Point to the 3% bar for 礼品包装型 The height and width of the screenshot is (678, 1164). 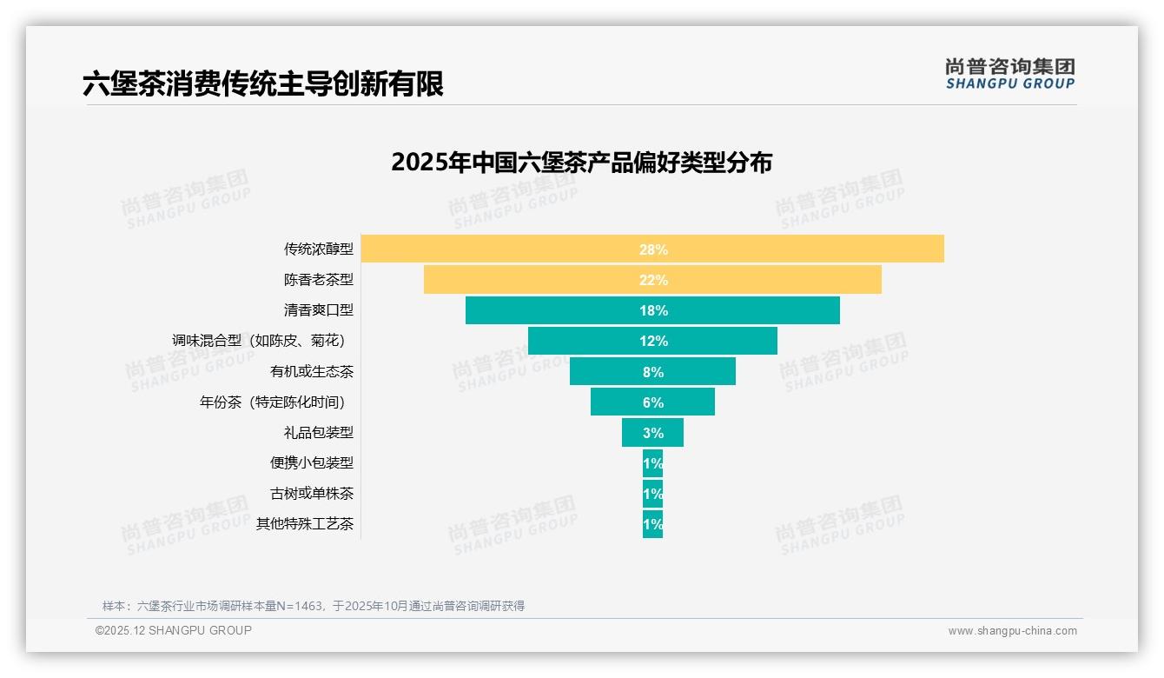(x=652, y=433)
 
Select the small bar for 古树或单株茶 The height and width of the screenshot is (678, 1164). (x=652, y=494)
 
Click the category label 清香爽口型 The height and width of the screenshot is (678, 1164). (x=318, y=310)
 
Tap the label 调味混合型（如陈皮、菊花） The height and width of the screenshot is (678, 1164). (x=263, y=341)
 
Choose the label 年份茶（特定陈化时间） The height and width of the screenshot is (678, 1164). (x=276, y=402)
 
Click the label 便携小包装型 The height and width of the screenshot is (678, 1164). (x=311, y=463)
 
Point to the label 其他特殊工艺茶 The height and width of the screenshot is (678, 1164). (x=304, y=524)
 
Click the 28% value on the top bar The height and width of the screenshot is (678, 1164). (x=653, y=249)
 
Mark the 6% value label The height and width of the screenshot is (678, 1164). (x=653, y=402)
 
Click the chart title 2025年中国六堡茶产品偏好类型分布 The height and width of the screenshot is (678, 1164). (x=581, y=163)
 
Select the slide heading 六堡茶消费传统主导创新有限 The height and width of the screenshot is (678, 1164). (x=263, y=84)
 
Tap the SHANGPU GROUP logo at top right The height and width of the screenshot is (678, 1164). (x=1009, y=74)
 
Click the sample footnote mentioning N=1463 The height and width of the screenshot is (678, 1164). (x=314, y=606)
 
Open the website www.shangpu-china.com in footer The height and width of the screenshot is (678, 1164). (x=1012, y=631)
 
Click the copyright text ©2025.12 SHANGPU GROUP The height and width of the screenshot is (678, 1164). (x=174, y=630)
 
